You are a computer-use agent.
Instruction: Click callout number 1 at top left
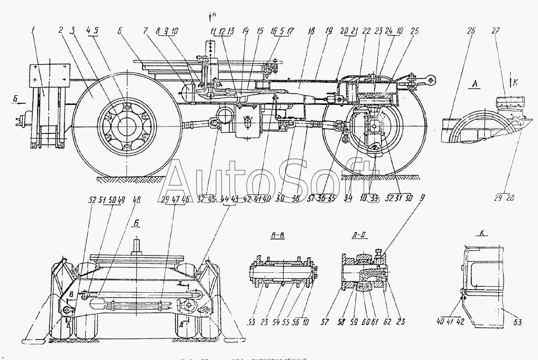coord(33,31)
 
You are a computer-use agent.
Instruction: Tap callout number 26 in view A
coord(471,31)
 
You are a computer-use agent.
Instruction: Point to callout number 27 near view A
coord(507,31)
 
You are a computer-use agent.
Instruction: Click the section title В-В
coord(278,235)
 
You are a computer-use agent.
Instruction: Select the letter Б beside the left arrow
coord(13,99)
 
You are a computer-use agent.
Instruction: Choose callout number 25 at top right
coord(414,32)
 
